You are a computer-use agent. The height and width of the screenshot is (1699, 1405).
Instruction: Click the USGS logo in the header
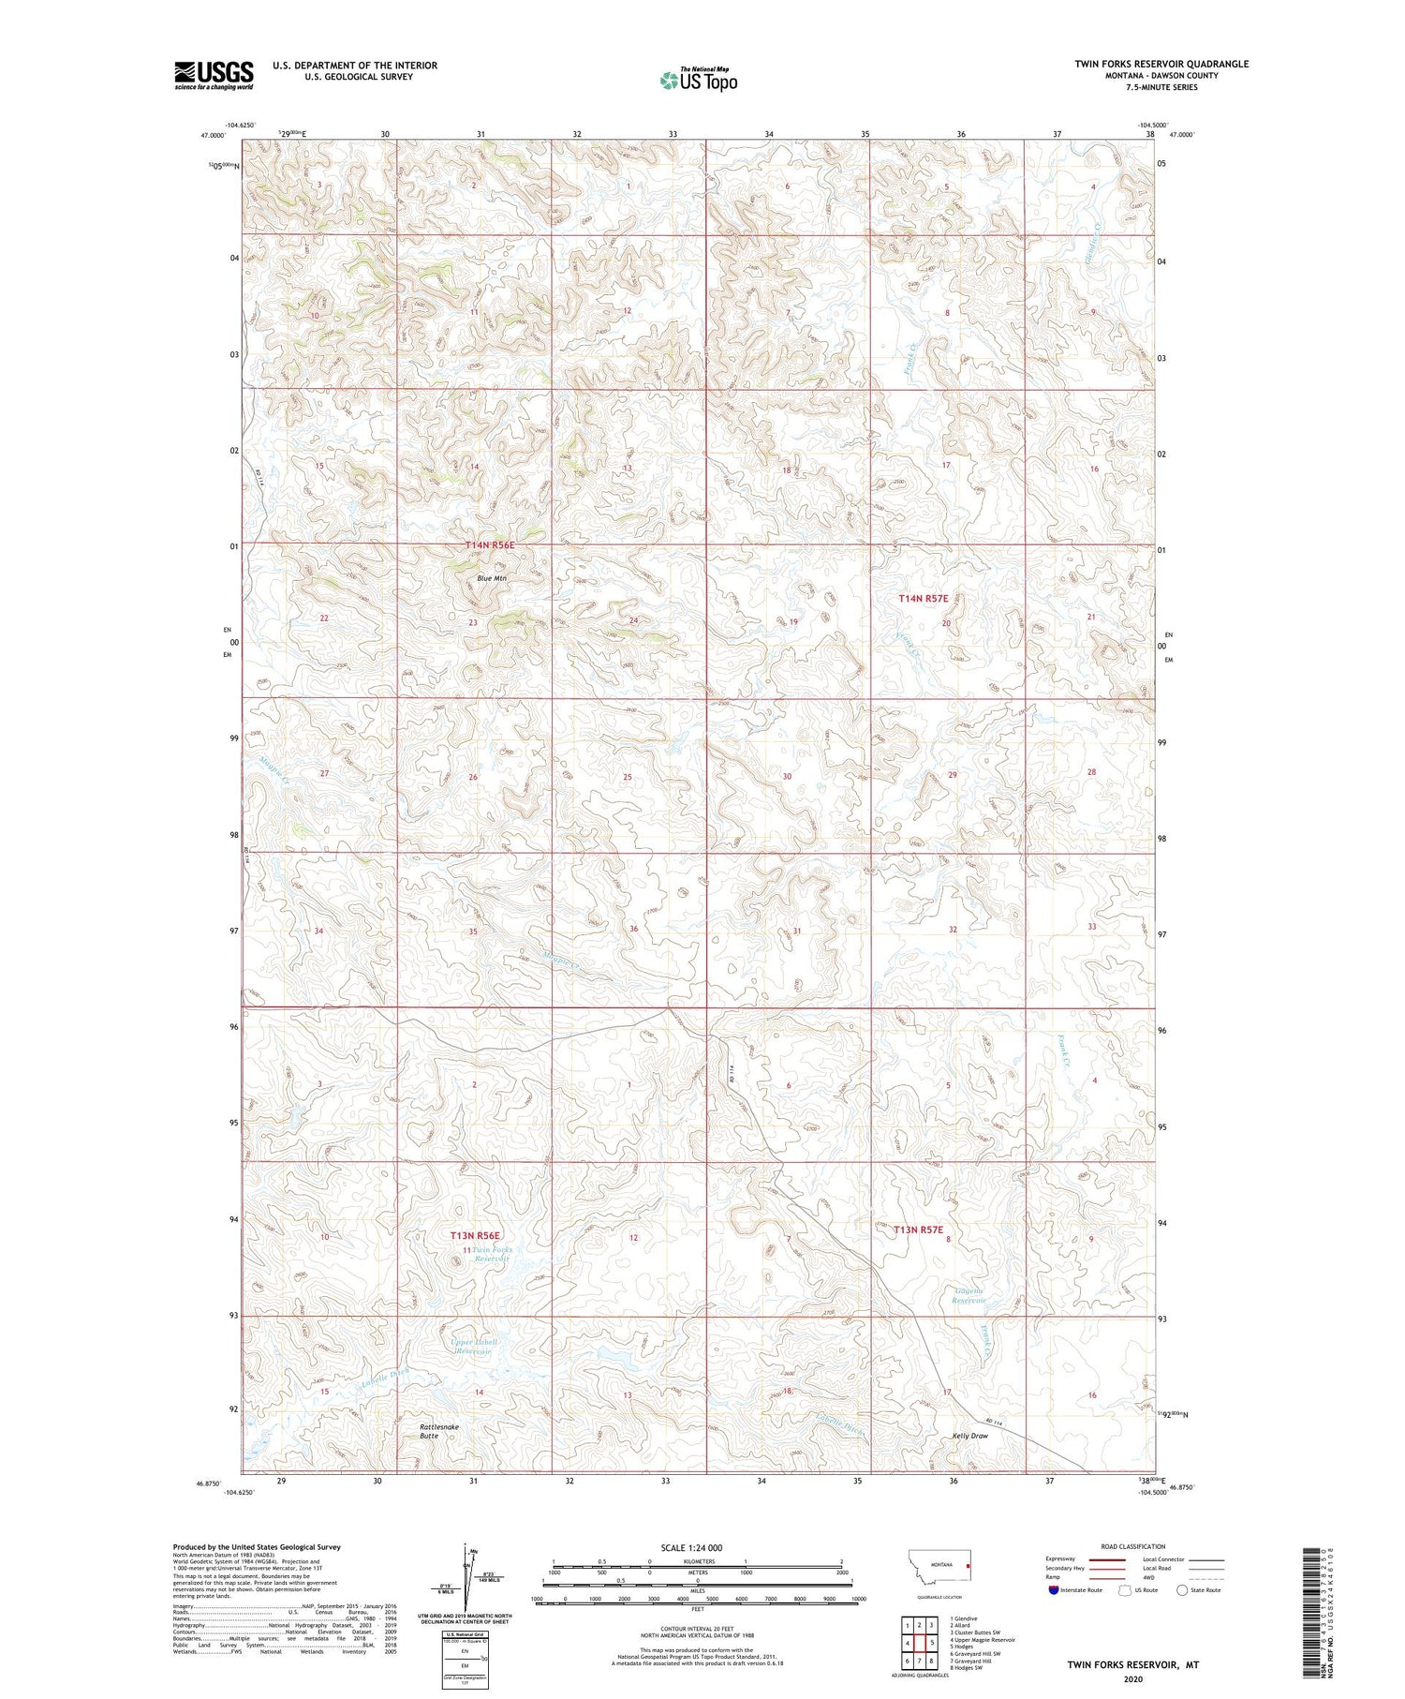click(214, 75)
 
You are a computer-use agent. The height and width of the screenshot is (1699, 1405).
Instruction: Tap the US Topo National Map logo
click(698, 80)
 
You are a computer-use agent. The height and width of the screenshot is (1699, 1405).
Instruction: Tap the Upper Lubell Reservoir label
click(474, 1347)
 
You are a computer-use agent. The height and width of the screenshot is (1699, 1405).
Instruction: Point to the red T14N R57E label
click(924, 598)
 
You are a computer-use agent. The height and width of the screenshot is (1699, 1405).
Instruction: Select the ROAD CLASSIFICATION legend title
click(1133, 1546)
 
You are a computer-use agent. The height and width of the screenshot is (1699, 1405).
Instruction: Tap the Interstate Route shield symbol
click(1056, 1589)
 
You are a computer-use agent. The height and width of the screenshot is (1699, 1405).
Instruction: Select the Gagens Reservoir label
click(969, 1295)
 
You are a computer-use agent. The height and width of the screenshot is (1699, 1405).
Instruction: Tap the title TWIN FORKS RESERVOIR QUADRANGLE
click(1161, 64)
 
